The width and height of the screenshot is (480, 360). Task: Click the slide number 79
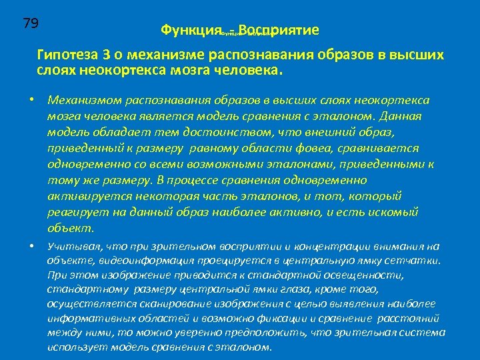coord(31,24)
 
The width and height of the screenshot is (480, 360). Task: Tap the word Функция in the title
coord(191,31)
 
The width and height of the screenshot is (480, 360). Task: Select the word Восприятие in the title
coord(278,31)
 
